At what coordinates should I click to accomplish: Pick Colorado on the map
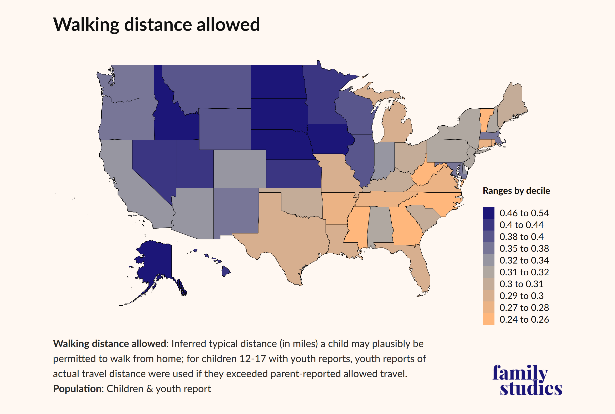tap(239, 169)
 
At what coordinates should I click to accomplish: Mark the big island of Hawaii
tap(226, 271)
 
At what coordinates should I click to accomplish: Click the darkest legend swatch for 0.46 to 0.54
tap(488, 213)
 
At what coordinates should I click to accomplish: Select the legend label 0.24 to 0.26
tap(524, 319)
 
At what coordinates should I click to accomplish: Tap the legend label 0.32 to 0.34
tap(524, 260)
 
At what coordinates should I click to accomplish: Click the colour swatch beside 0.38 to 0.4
tap(488, 237)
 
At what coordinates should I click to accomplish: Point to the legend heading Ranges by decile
tap(516, 191)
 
